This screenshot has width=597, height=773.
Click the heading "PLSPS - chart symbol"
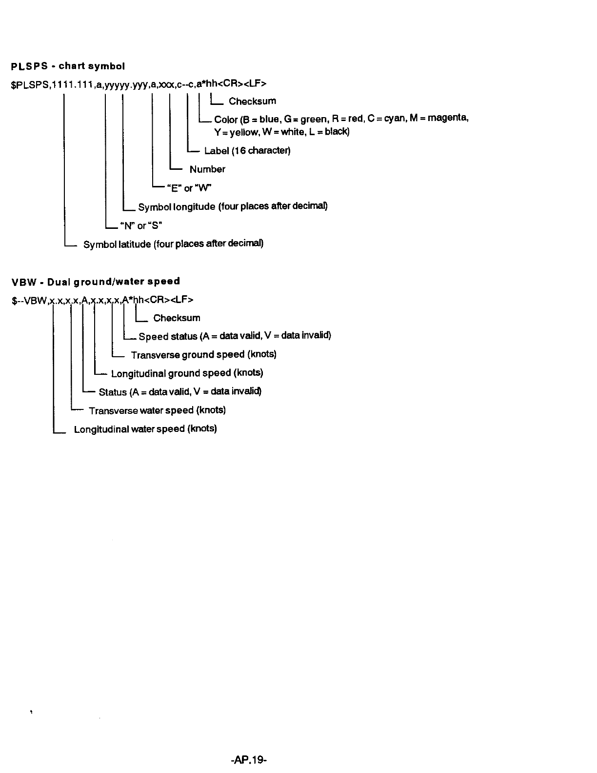[x=68, y=66]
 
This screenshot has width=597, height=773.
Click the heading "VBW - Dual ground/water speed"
[x=96, y=281]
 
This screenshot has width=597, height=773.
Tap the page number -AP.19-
[x=247, y=759]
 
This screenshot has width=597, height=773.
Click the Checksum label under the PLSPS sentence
[x=252, y=102]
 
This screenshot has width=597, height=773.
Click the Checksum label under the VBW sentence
[x=177, y=318]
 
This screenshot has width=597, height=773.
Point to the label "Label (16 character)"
[x=247, y=150]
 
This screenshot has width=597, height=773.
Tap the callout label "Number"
[x=207, y=169]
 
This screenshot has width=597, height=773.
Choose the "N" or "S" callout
[x=141, y=225]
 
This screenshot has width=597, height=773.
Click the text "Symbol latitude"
[x=117, y=244]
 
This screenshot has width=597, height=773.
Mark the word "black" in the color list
[x=337, y=132]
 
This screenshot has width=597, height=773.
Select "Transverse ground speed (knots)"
[x=203, y=355]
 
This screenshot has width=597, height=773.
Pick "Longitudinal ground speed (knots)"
[x=187, y=373]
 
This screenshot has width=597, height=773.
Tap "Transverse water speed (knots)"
[x=157, y=410]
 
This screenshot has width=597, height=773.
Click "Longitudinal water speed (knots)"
[x=145, y=429]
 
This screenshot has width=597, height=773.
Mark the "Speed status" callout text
[x=168, y=336]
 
